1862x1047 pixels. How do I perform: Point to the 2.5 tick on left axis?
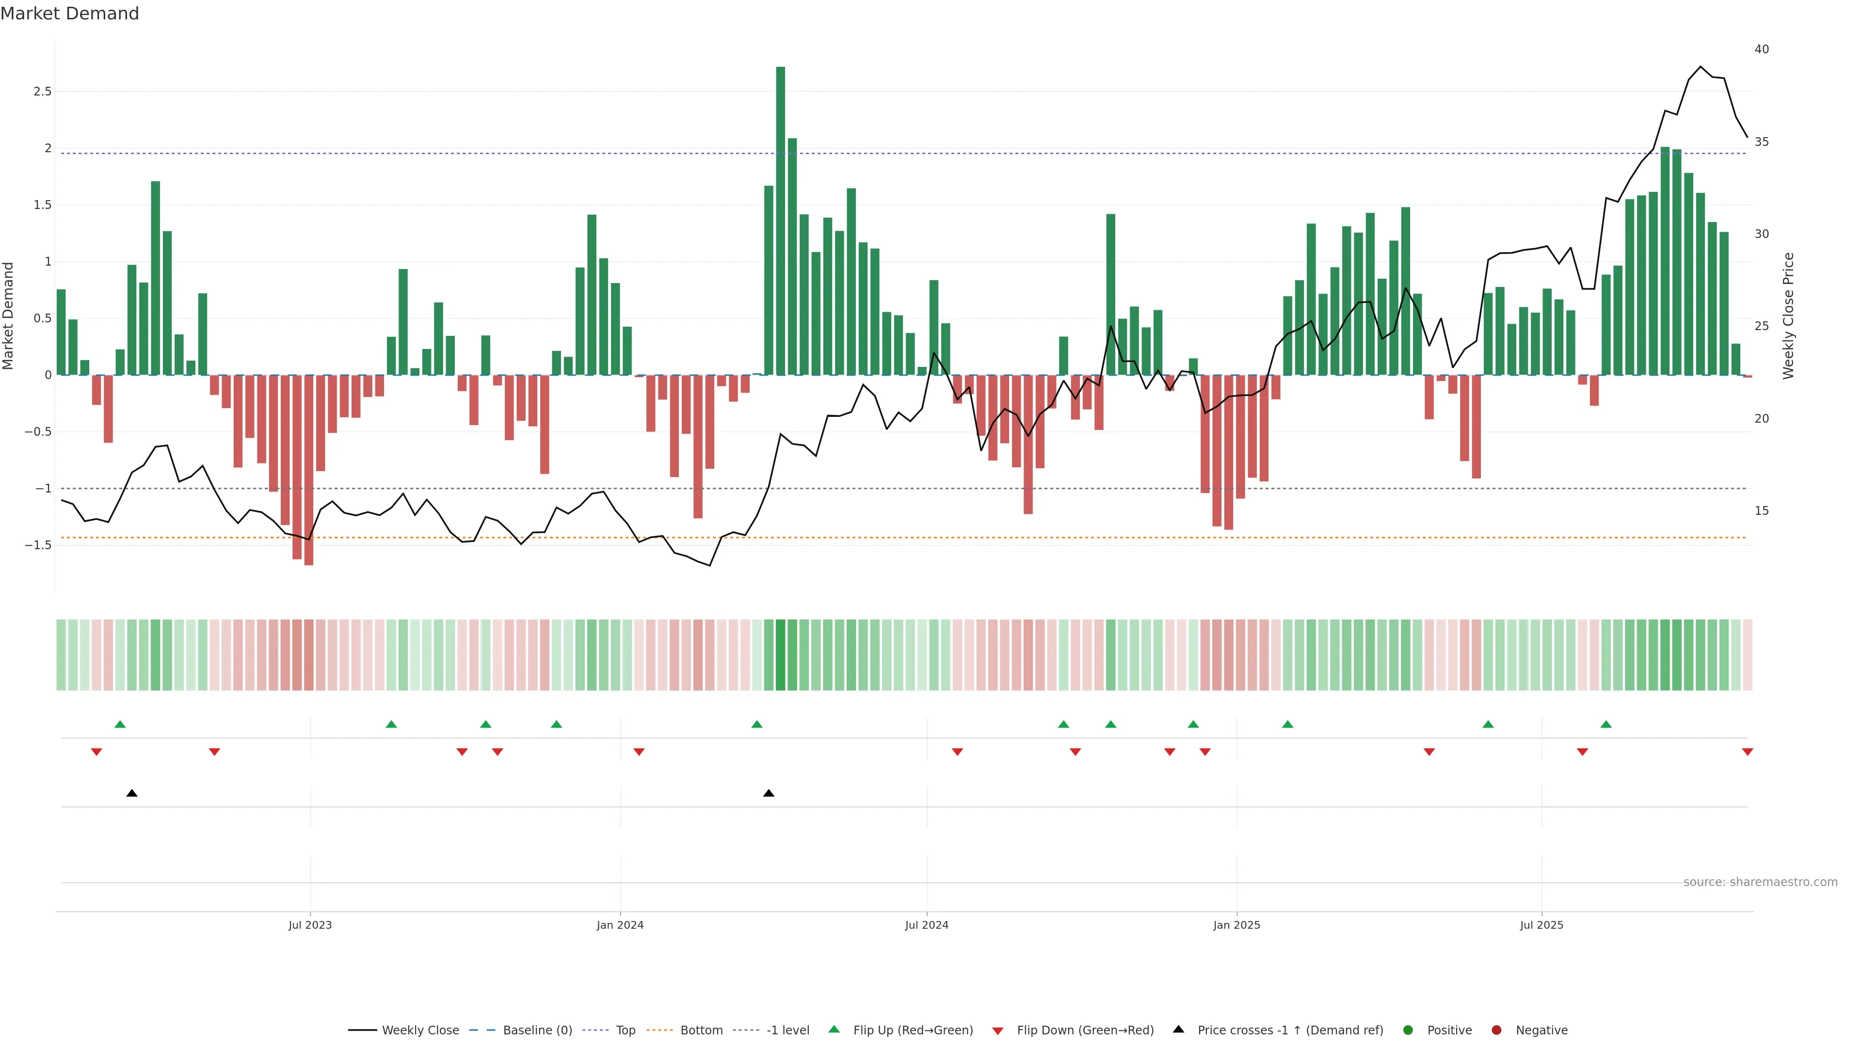(x=43, y=92)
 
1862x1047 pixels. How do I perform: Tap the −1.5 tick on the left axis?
(x=38, y=545)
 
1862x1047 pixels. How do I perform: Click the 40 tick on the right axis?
(x=1762, y=49)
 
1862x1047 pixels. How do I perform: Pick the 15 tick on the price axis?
(x=1762, y=511)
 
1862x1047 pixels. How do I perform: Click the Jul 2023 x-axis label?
(x=310, y=925)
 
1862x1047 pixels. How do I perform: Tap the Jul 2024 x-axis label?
(x=927, y=925)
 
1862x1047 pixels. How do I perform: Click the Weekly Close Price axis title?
(x=1788, y=316)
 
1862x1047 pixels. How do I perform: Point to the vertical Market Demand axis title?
(x=9, y=316)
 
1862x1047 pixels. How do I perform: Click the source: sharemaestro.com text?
(x=1760, y=882)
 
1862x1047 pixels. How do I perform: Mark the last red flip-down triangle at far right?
(x=1747, y=752)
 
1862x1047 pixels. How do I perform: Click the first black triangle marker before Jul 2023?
(x=131, y=793)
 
